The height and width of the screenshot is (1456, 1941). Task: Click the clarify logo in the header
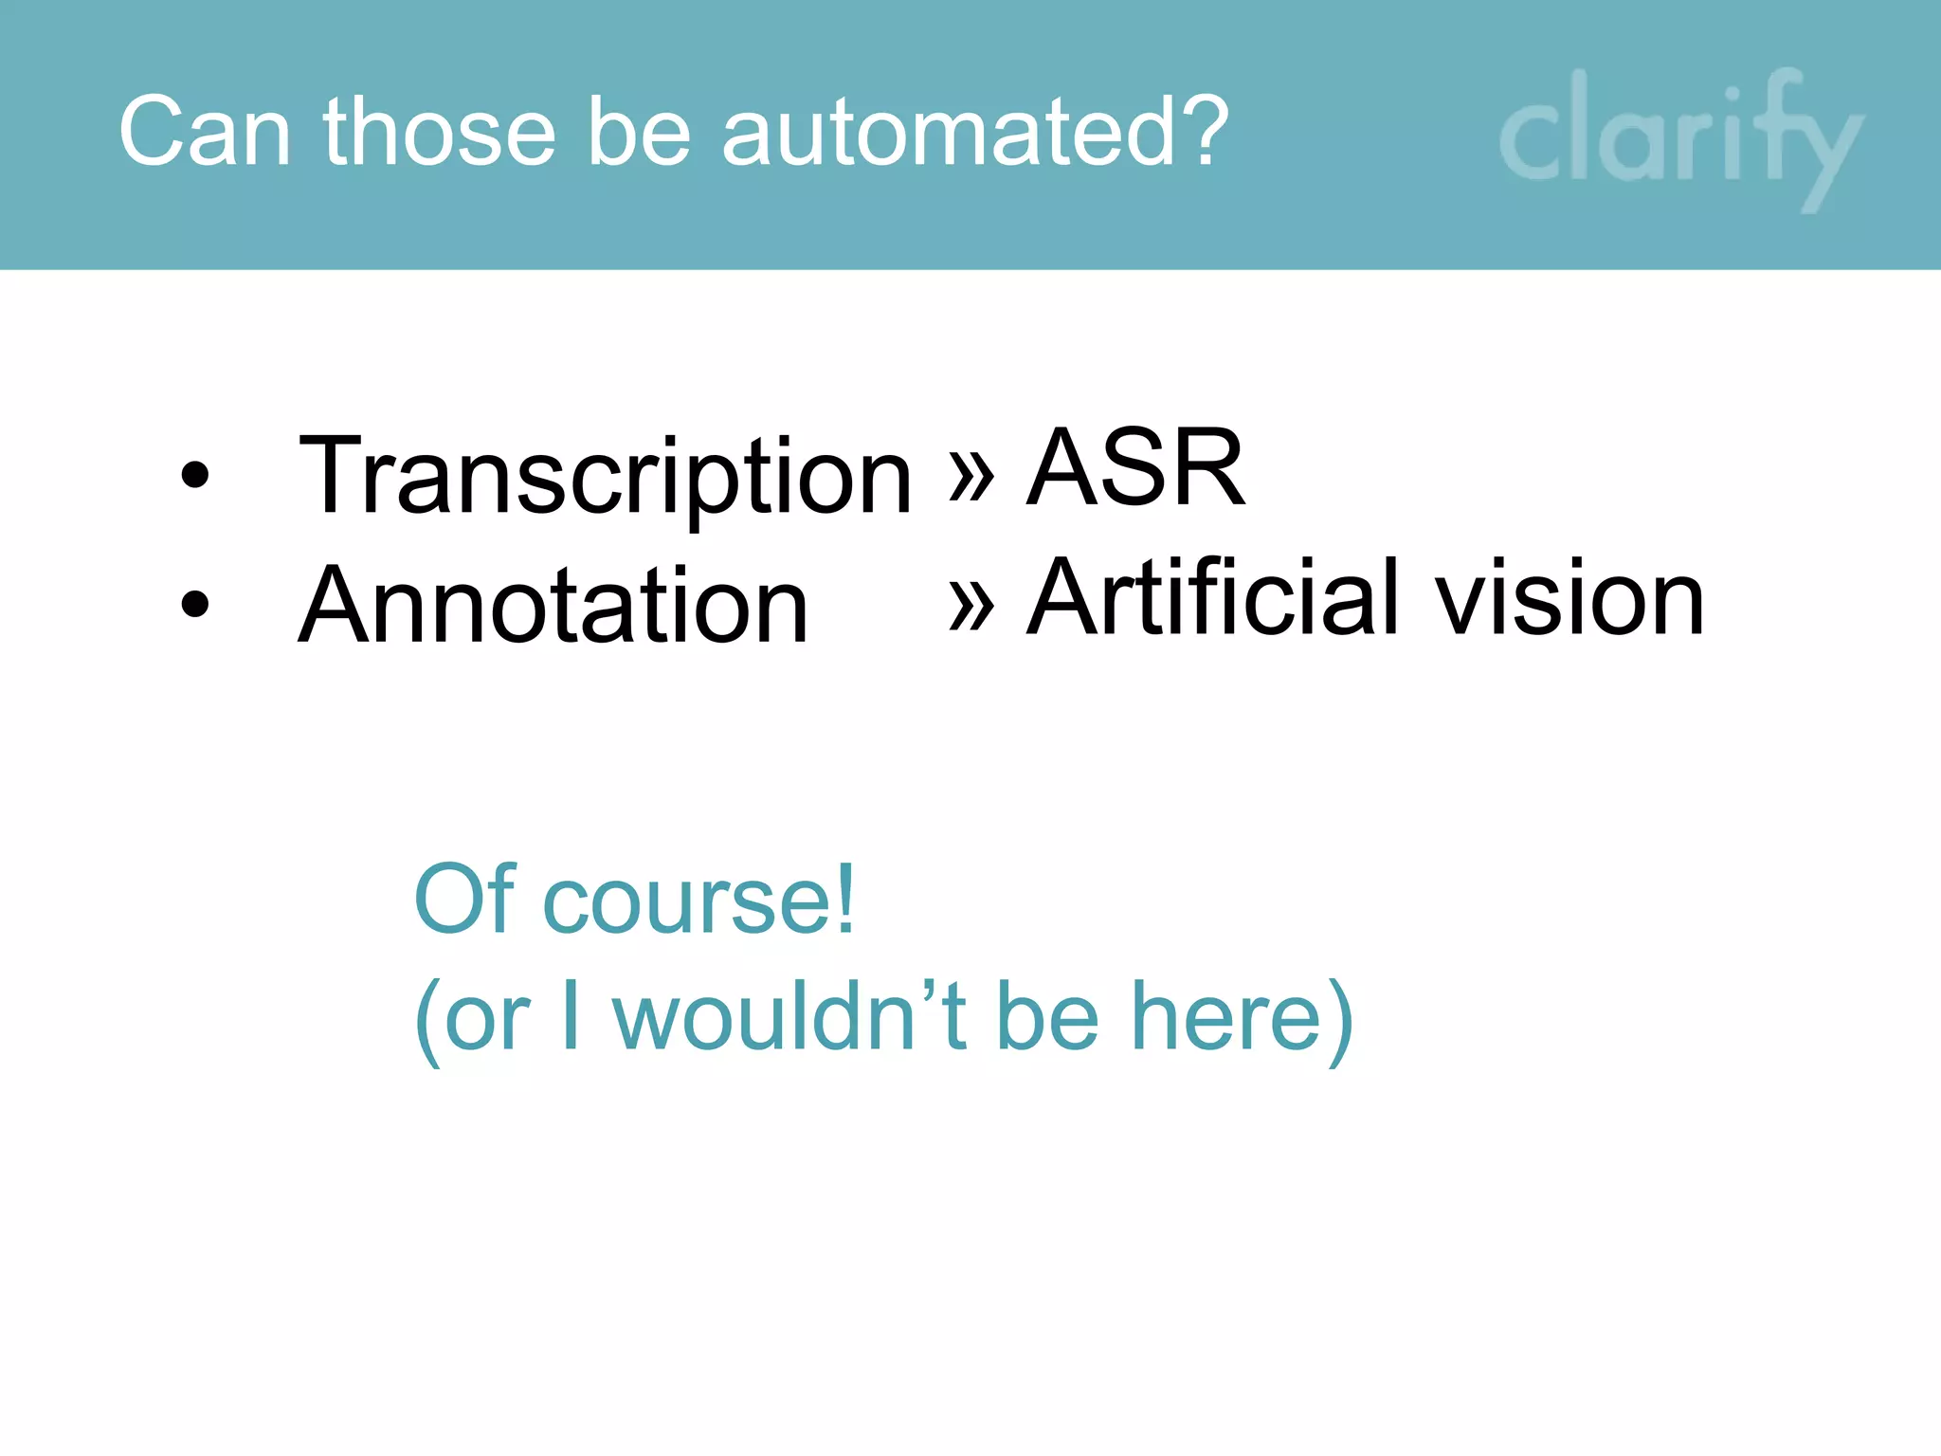[1679, 137]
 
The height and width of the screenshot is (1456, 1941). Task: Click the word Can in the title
[204, 133]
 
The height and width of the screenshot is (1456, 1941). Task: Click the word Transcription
[605, 476]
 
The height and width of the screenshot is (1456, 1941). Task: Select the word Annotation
[553, 607]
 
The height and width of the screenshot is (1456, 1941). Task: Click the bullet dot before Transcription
[194, 474]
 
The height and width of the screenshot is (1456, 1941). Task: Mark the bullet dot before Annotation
[194, 604]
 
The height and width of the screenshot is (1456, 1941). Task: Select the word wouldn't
[789, 1016]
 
